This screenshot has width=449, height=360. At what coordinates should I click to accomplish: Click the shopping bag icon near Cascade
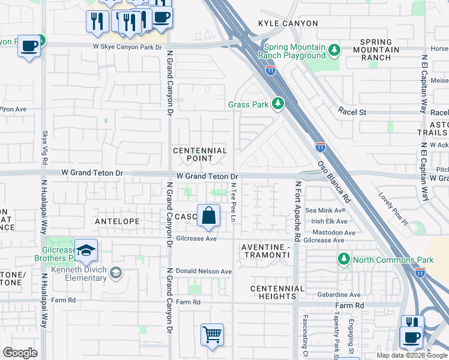[208, 215]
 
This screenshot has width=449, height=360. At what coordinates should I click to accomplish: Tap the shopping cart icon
[212, 334]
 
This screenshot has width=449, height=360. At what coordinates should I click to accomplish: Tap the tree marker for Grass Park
[277, 104]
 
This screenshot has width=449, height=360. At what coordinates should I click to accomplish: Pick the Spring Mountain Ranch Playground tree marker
[334, 50]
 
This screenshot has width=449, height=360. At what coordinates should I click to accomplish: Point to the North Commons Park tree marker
[343, 259]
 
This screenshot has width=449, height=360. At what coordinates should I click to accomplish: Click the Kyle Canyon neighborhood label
[288, 23]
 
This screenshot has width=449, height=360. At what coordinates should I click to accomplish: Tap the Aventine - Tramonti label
[265, 251]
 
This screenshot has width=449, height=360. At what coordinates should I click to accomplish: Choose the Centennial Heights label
[273, 292]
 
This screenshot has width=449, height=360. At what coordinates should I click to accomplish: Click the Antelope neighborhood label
[117, 221]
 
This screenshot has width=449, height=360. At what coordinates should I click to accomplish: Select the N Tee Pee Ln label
[233, 203]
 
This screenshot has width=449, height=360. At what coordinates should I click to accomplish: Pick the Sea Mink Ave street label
[326, 211]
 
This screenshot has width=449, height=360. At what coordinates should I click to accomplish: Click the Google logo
[20, 353]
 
